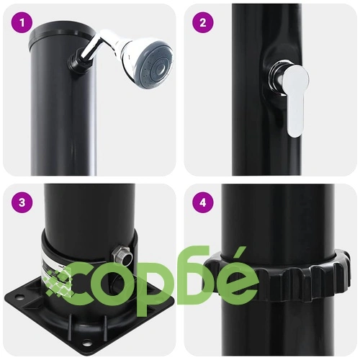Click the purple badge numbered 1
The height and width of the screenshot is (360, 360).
point(22,23)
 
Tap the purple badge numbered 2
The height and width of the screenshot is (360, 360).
point(203,23)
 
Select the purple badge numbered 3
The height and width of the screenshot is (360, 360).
point(22,202)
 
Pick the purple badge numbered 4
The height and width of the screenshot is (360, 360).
point(203,202)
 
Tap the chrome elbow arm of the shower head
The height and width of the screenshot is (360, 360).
point(96,45)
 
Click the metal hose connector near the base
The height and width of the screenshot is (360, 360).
point(122,256)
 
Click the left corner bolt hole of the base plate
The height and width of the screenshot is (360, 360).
point(18,297)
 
